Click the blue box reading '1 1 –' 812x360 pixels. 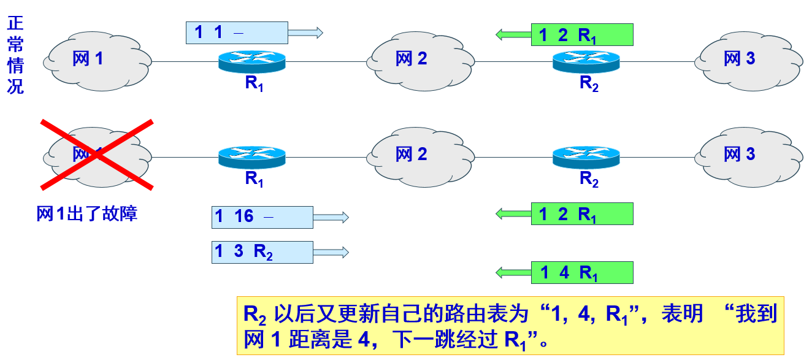[x=237, y=33]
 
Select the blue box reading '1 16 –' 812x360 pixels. [x=262, y=216]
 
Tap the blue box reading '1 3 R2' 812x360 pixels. [x=262, y=252]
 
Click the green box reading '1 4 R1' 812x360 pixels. [x=581, y=272]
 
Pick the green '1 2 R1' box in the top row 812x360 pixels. [x=581, y=35]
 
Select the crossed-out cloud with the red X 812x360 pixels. [x=97, y=154]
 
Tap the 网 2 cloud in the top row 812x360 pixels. [x=421, y=59]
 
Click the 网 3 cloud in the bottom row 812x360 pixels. [x=749, y=154]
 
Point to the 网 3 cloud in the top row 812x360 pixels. [x=749, y=59]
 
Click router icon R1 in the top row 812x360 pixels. [x=252, y=61]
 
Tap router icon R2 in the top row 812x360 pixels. [x=586, y=61]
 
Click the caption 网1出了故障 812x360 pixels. [x=86, y=213]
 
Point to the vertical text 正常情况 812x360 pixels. [x=15, y=55]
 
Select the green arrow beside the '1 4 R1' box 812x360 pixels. [x=513, y=272]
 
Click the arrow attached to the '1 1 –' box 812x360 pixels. [x=305, y=33]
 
